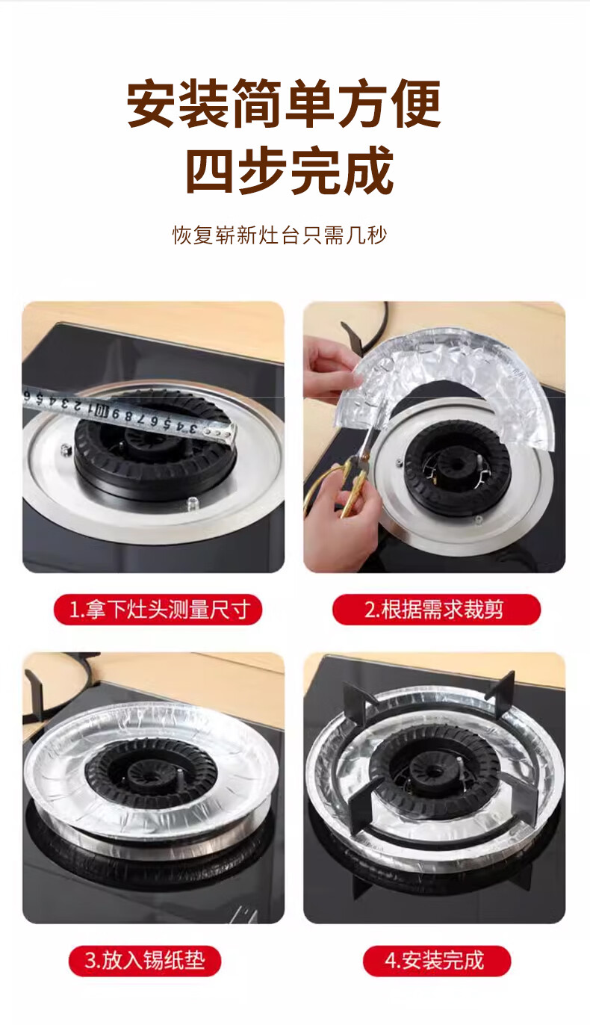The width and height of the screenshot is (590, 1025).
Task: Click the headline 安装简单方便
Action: [284, 103]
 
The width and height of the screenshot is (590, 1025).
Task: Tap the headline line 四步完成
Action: [290, 170]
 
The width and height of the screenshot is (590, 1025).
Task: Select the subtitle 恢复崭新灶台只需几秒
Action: [279, 235]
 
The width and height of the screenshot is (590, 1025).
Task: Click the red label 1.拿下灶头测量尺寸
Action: [158, 610]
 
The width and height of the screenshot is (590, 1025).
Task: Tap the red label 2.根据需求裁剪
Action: [436, 610]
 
